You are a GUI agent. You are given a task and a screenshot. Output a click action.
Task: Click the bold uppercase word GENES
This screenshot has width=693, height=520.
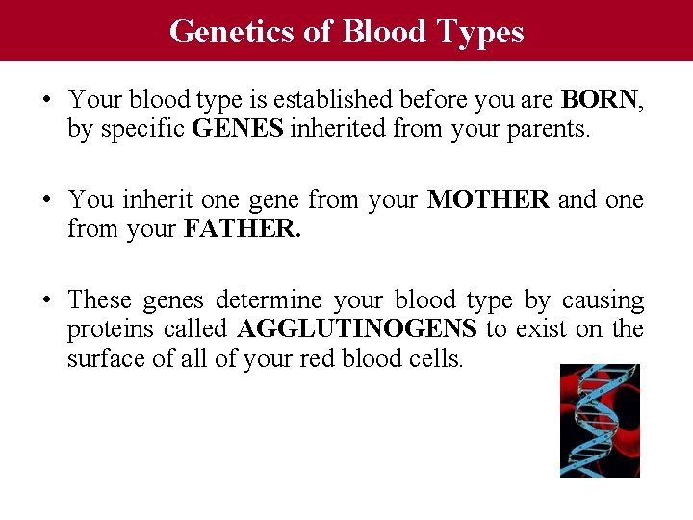click(x=238, y=128)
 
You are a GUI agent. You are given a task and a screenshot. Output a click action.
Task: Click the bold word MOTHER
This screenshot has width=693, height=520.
click(x=488, y=200)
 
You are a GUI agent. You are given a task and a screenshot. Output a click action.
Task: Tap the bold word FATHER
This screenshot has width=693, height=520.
click(x=241, y=229)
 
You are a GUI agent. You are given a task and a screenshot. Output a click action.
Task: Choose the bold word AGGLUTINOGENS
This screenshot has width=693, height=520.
click(x=356, y=329)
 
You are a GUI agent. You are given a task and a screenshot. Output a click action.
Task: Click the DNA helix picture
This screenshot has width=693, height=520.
click(x=600, y=420)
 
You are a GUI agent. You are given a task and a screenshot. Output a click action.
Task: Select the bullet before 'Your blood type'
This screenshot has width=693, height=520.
click(x=47, y=100)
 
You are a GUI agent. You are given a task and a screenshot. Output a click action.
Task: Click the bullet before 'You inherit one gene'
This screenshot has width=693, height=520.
click(x=47, y=200)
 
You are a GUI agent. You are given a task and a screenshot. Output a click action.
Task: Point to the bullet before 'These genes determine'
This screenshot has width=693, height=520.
click(x=47, y=300)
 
